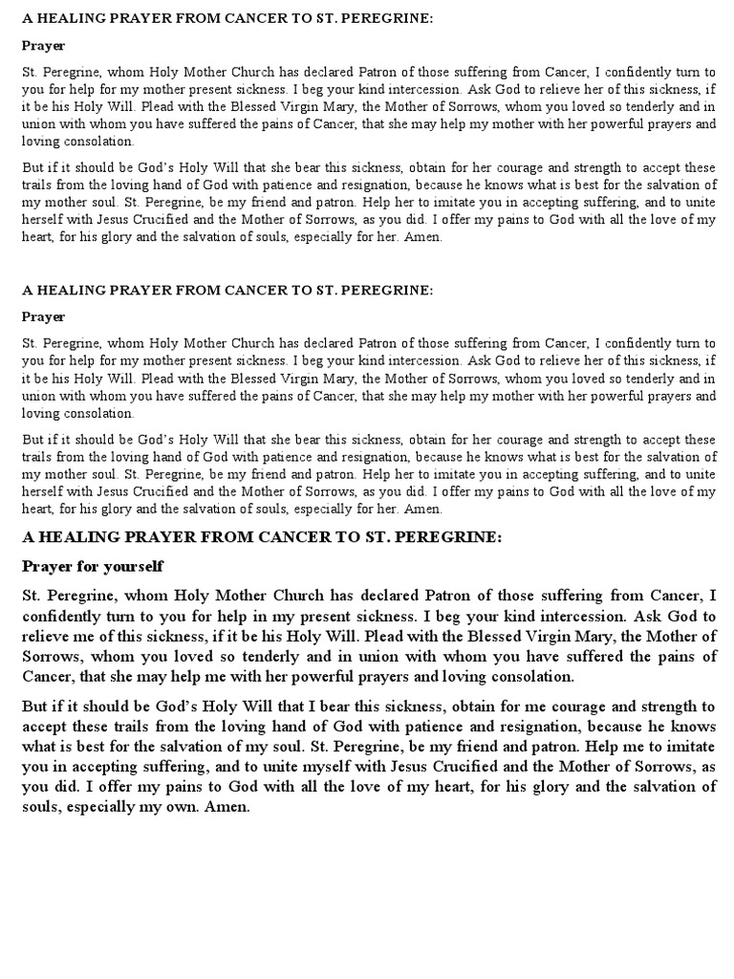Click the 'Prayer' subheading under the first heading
point(44,45)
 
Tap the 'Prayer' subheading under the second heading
point(44,316)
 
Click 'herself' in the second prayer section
point(44,492)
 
